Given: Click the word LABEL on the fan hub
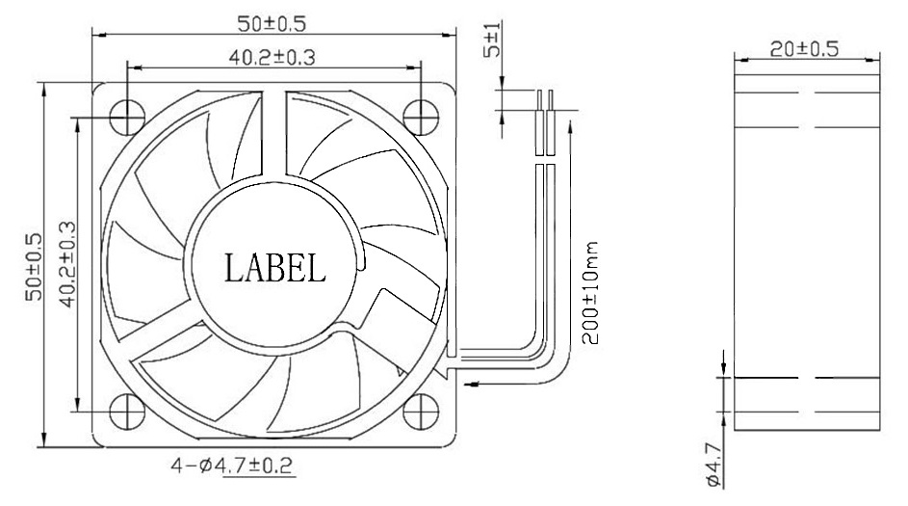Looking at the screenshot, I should pos(274,267).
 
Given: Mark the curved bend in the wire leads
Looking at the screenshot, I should pos(532,350).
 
